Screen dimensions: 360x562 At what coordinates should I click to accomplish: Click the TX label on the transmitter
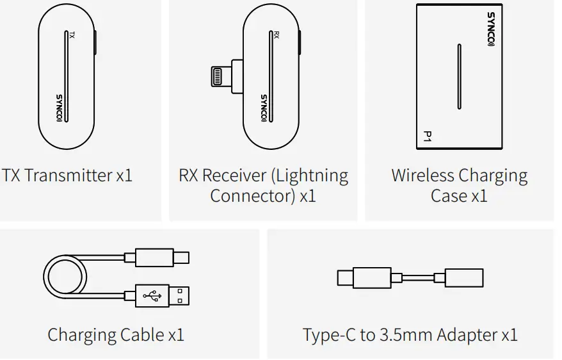72,36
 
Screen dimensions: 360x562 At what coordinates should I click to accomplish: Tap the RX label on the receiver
277,36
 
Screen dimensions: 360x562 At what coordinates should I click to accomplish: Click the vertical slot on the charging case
458,76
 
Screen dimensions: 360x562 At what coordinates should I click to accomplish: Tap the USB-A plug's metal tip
186,295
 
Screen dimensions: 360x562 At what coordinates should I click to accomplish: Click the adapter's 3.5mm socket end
463,278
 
